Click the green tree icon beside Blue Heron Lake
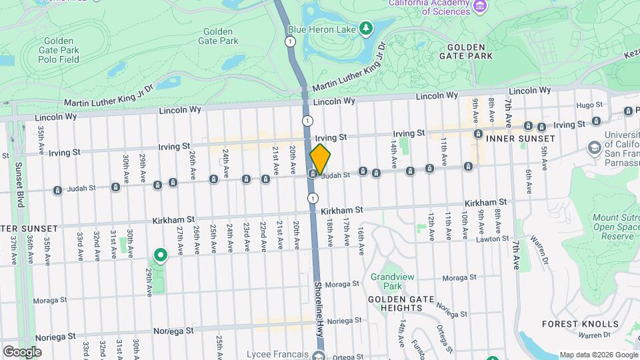click(365, 28)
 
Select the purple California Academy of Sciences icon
click(479, 7)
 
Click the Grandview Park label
click(387, 281)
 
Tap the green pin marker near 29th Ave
click(160, 255)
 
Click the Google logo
click(22, 351)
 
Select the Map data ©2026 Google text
click(598, 355)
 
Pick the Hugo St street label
click(589, 105)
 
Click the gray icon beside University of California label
click(593, 147)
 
